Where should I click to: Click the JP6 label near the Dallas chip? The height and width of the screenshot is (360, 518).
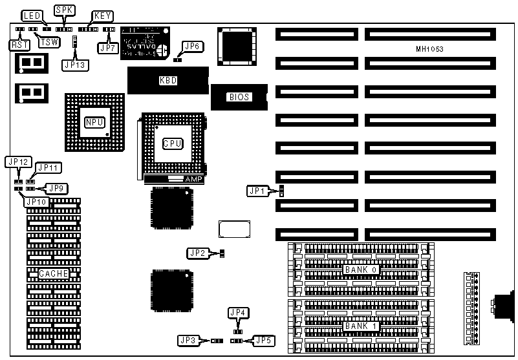[x=193, y=46]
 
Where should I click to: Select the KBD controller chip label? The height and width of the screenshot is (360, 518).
[x=168, y=81]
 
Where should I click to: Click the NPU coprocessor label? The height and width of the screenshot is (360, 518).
[x=92, y=122]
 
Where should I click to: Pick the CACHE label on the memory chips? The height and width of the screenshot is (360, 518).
[x=54, y=274]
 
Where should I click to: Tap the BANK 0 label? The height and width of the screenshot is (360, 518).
[x=360, y=269]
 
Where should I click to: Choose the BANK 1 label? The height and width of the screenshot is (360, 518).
[x=360, y=326]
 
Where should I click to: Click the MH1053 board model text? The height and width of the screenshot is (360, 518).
[x=430, y=50]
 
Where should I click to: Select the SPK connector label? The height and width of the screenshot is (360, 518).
[x=64, y=10]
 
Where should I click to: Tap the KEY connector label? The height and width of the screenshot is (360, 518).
[x=102, y=15]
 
